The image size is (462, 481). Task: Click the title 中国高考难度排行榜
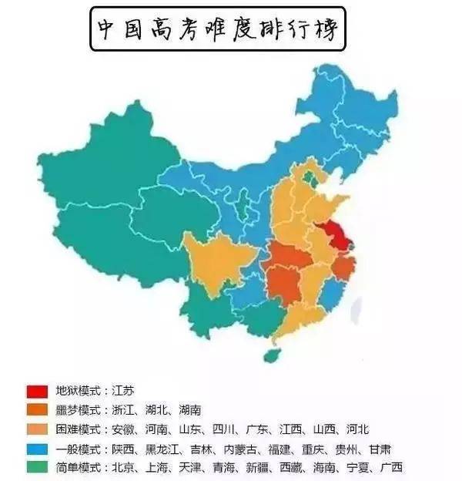(218, 30)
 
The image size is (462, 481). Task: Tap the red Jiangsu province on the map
(336, 232)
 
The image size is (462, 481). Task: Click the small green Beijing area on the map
(309, 179)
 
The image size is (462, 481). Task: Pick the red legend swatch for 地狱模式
(37, 390)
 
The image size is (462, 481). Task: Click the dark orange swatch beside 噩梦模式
(37, 409)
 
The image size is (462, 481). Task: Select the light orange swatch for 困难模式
(37, 429)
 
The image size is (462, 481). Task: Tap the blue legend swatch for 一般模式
(37, 448)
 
